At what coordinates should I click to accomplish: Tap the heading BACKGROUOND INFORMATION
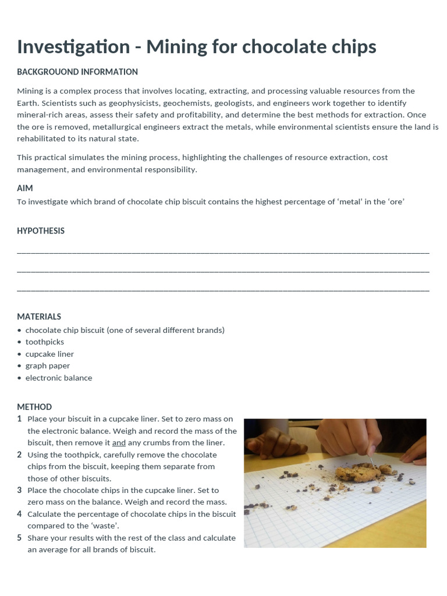tap(77, 72)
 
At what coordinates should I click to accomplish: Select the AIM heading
tap(25, 189)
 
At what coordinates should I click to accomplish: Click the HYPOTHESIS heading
tap(41, 231)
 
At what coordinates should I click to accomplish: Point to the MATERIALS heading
tap(39, 317)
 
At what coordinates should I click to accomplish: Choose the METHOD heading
tap(34, 407)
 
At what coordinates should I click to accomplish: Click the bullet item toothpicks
tap(45, 342)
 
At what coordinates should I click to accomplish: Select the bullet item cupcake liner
tap(49, 354)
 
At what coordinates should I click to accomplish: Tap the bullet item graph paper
tap(48, 366)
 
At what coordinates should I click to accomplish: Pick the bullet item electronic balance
tap(59, 378)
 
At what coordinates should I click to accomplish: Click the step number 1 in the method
tap(19, 419)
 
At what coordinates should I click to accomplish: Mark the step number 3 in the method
tap(19, 490)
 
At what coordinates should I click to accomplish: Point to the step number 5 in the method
tap(19, 538)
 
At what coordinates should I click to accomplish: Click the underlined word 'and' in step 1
tap(119, 443)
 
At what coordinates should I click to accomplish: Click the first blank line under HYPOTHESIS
tap(223, 251)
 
